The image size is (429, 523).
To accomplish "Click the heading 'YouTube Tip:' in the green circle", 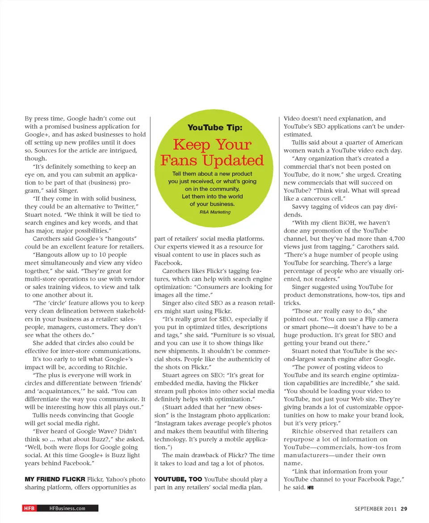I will point(214,127).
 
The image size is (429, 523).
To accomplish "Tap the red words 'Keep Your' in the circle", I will point(212,144).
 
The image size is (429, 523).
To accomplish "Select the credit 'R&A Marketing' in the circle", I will point(215,212).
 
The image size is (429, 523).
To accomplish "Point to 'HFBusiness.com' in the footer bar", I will point(67,508).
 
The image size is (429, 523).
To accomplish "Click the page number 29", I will point(404,508).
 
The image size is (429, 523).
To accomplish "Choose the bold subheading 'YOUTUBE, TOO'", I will point(177,480).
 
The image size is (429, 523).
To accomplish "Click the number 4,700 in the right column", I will point(396,239).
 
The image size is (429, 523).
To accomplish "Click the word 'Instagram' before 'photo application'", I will point(197,415).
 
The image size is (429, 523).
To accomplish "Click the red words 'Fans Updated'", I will point(212,160).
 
